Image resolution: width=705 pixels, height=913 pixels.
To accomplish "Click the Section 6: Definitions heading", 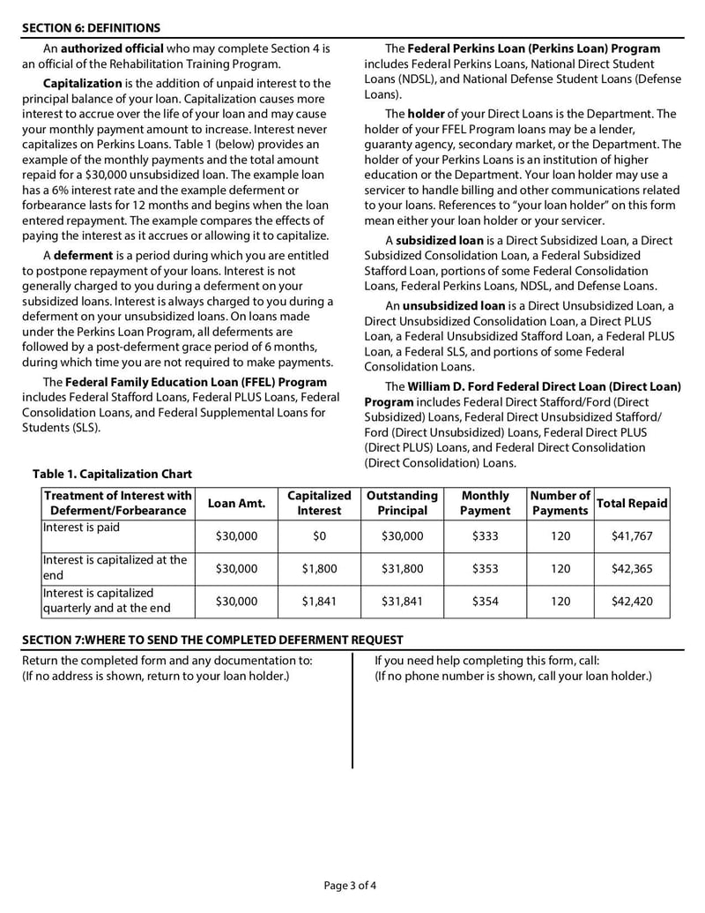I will click(x=91, y=27).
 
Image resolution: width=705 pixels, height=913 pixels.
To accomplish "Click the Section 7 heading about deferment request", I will click(x=212, y=640).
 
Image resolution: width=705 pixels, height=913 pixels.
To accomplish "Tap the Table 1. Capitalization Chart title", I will click(x=112, y=475).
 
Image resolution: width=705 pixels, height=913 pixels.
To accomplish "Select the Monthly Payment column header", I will click(x=485, y=503).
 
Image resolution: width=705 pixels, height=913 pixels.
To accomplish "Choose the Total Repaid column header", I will click(x=632, y=503).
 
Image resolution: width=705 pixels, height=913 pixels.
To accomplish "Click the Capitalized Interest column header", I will click(x=319, y=503).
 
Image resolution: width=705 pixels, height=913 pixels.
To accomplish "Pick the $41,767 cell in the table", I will click(x=632, y=536).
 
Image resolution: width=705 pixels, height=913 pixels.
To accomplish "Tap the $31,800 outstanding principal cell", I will click(x=402, y=569).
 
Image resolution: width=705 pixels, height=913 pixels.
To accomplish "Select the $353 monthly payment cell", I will click(x=485, y=569).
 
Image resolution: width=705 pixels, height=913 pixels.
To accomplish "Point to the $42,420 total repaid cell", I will click(x=632, y=602).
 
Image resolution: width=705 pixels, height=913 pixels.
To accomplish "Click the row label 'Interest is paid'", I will click(x=81, y=528).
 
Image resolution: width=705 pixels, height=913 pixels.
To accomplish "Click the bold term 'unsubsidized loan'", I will click(x=454, y=306).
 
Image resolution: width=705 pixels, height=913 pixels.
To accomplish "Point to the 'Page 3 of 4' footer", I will click(x=351, y=885).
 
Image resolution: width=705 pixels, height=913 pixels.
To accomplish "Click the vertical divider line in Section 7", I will click(x=352, y=710).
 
